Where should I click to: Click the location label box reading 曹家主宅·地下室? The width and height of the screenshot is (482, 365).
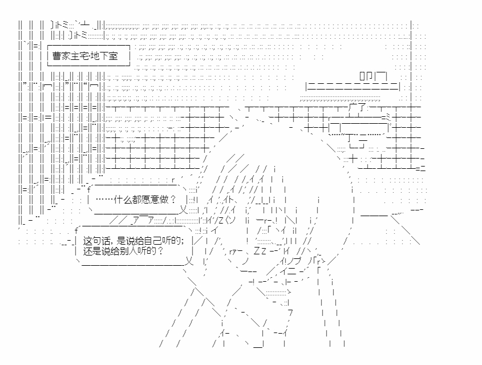click(x=88, y=56)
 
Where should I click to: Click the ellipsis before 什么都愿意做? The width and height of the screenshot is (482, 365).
click(x=104, y=200)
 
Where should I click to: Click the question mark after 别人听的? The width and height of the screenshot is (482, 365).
click(x=160, y=251)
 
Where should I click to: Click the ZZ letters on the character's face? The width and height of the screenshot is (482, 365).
click(x=260, y=251)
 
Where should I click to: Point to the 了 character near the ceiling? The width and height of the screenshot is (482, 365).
click(x=362, y=108)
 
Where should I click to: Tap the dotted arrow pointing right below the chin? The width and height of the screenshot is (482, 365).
click(x=278, y=292)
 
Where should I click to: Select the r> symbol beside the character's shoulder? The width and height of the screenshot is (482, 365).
click(x=321, y=261)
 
